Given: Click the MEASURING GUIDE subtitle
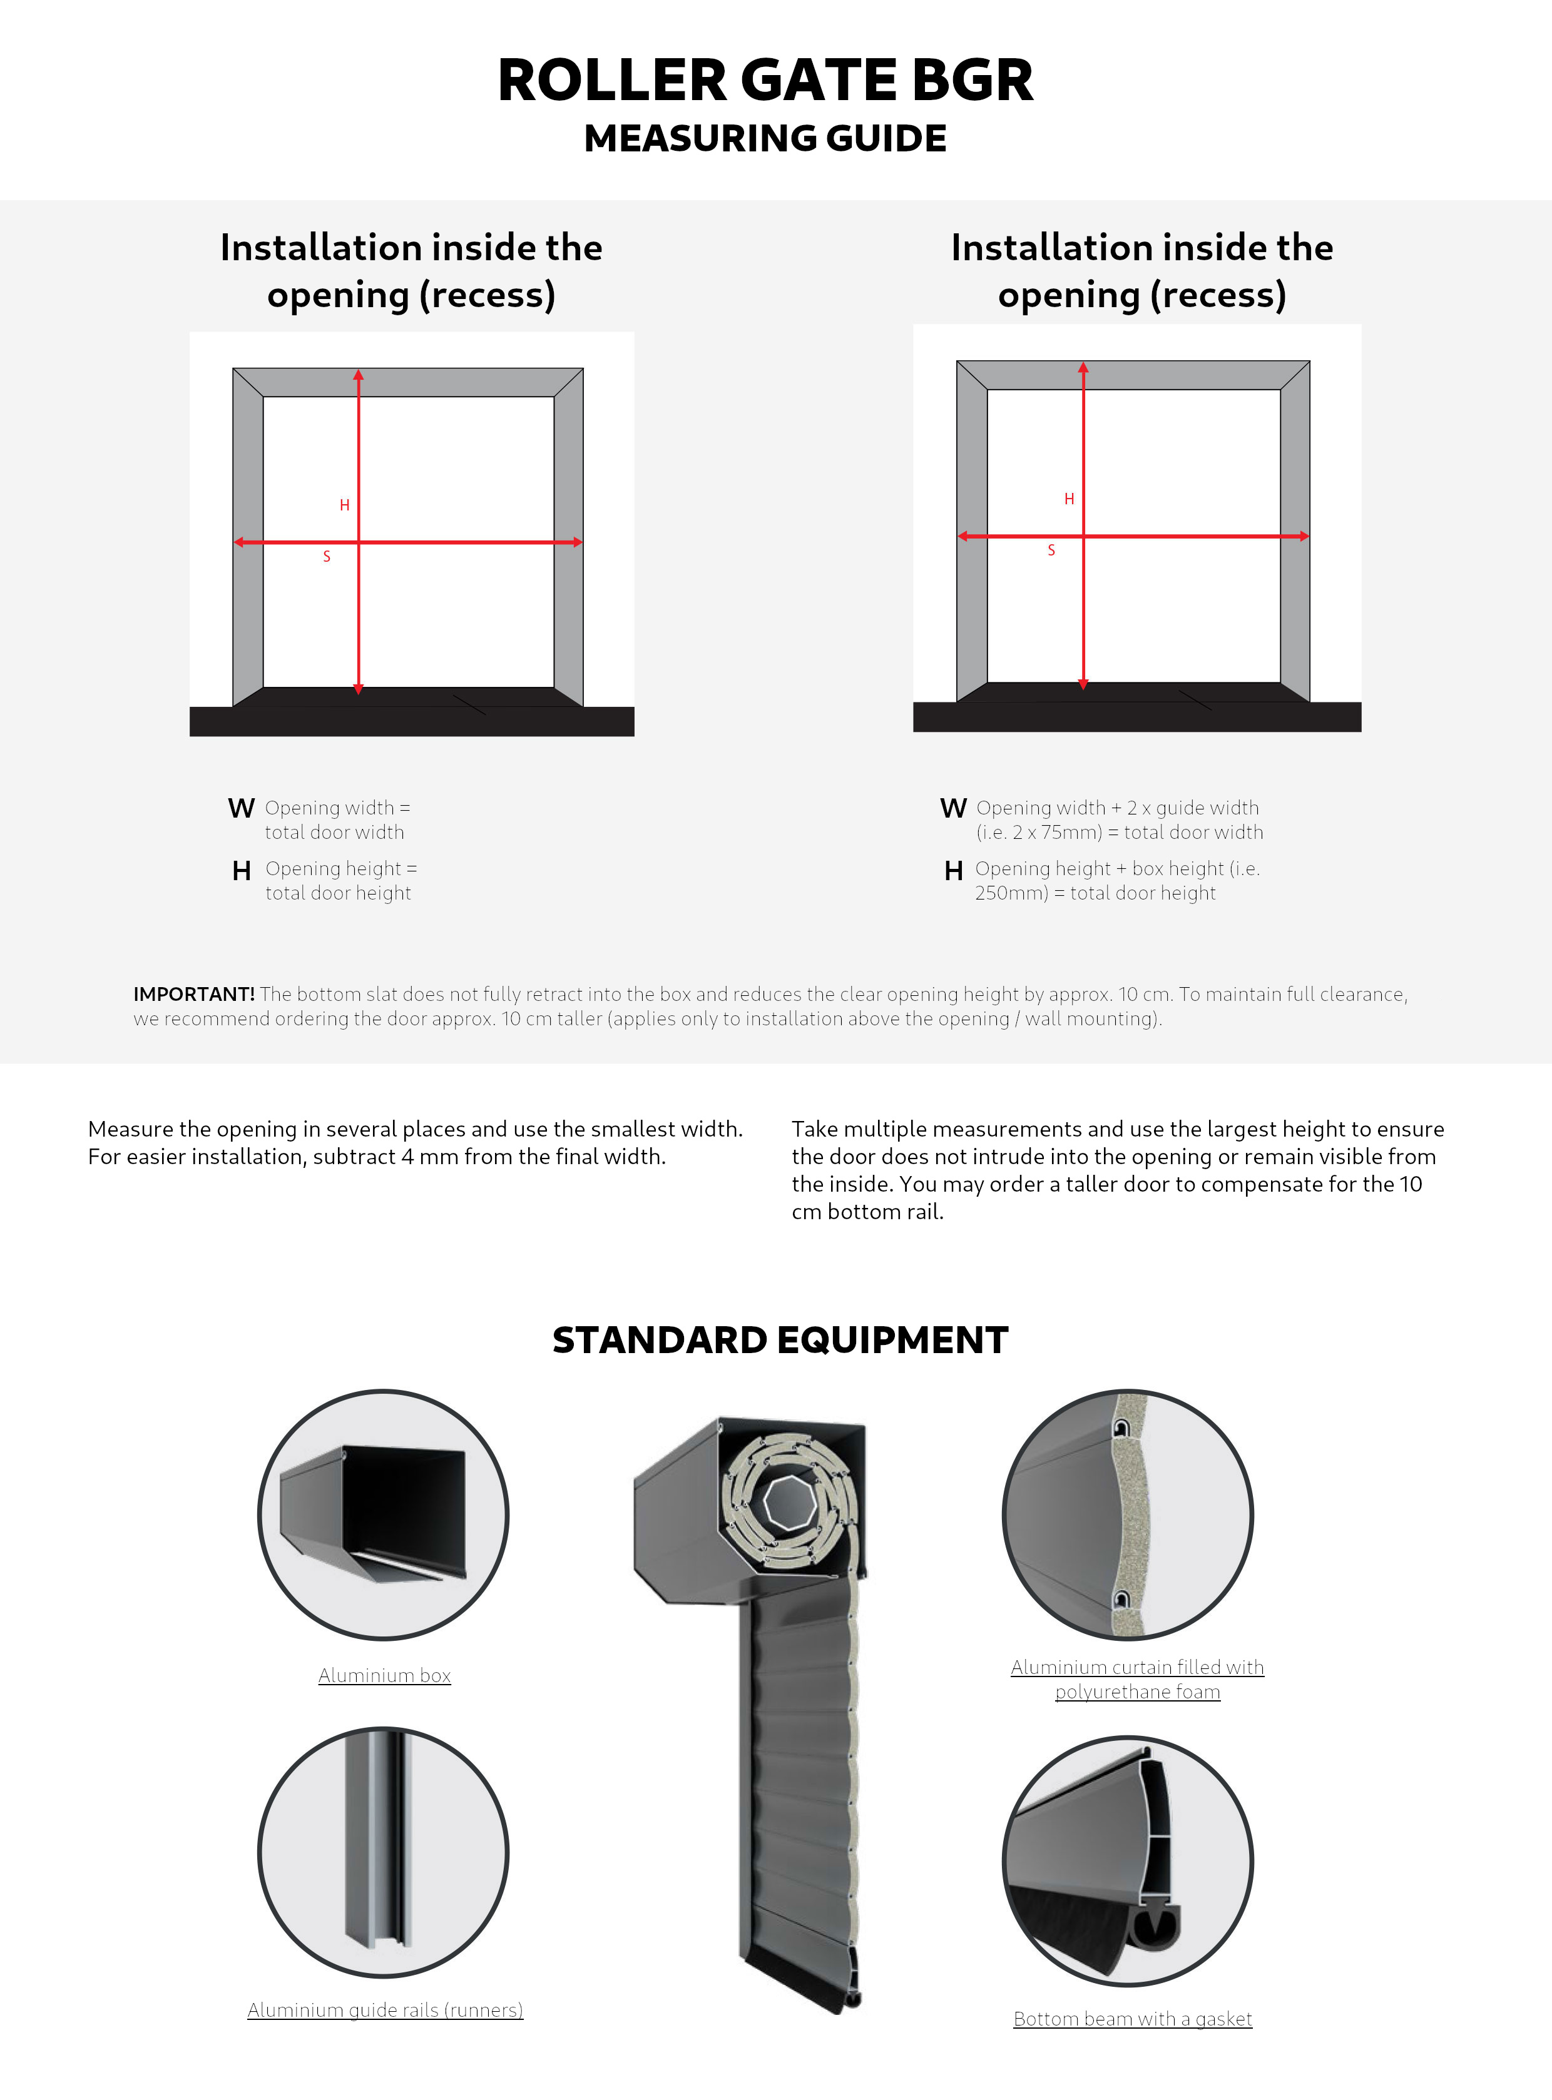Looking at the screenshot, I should click(765, 139).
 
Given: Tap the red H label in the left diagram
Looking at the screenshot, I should click(345, 505).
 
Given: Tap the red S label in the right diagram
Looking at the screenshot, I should click(1051, 550).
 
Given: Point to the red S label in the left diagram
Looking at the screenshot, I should click(327, 557).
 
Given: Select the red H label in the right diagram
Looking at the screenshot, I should click(1069, 499).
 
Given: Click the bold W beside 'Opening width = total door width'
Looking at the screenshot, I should click(242, 809).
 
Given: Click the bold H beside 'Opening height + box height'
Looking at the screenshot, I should click(954, 871).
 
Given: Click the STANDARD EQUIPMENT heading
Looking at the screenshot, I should click(780, 1340).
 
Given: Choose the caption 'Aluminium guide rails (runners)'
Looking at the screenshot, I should click(385, 2010).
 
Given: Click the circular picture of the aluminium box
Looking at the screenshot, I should click(383, 1515).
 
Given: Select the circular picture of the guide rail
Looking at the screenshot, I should click(383, 1852).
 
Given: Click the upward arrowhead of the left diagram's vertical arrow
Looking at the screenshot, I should click(358, 376).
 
